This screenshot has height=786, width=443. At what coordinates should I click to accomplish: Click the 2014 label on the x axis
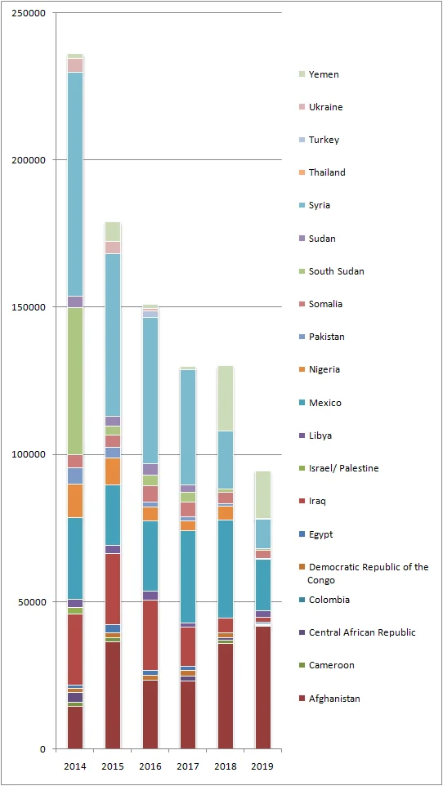(x=75, y=766)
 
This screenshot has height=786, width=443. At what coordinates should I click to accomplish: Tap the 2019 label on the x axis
(x=262, y=766)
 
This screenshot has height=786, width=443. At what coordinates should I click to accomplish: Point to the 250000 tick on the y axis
(x=29, y=13)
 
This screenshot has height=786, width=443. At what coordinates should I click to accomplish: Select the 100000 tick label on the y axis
(x=29, y=454)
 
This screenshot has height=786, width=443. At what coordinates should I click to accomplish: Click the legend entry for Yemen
(x=324, y=74)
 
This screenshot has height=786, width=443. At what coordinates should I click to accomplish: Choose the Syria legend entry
(x=320, y=205)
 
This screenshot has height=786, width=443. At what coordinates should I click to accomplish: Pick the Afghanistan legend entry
(x=334, y=699)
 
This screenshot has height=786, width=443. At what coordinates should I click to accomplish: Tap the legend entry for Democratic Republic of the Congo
(x=368, y=574)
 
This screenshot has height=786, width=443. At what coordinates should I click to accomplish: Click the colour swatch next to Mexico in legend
(x=301, y=403)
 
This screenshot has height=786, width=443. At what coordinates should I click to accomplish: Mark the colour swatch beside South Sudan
(x=301, y=271)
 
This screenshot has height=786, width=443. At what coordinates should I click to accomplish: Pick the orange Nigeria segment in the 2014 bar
(x=75, y=500)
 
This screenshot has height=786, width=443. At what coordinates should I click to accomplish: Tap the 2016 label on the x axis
(x=150, y=766)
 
